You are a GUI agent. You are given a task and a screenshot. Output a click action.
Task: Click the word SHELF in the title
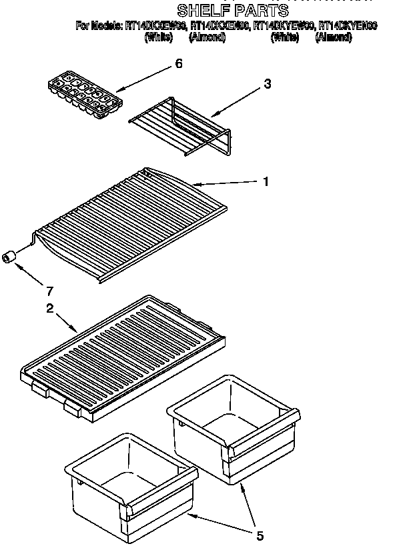[203, 10]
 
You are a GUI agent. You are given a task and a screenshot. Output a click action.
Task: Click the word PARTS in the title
[261, 10]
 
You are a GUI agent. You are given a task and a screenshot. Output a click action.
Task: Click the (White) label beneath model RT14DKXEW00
[159, 37]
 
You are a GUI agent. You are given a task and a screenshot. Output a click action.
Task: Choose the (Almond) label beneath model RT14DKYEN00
[333, 37]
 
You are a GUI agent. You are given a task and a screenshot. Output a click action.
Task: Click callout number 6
[177, 64]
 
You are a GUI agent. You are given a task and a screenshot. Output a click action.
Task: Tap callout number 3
[267, 84]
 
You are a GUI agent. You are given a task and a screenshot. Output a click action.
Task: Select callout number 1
[266, 181]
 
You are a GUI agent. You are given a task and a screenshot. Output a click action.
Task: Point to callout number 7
[49, 291]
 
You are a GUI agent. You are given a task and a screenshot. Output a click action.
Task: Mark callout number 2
[49, 308]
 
